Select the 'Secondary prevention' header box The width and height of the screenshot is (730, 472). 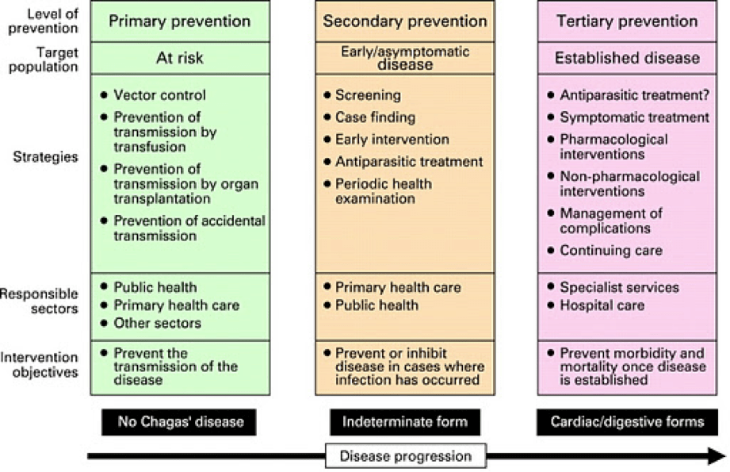point(404,21)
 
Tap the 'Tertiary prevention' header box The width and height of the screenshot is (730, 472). point(626,21)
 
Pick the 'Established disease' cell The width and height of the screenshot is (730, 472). point(626,57)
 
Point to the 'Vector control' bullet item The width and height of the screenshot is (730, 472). point(159,94)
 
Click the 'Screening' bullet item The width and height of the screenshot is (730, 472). point(368,94)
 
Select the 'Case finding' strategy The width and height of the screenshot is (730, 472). point(375,117)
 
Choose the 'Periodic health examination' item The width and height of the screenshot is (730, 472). point(384,190)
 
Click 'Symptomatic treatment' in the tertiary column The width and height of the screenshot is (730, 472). point(634,117)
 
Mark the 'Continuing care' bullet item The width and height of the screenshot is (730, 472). point(611,251)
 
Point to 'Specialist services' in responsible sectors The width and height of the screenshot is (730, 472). point(619,286)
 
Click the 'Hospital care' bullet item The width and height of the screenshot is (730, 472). point(602,305)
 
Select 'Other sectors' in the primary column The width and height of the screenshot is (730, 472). point(157,323)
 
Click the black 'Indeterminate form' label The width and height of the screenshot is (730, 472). point(404,421)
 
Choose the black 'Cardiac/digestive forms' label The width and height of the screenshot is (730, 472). point(627,421)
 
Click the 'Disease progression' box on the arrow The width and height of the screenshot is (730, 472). point(405,456)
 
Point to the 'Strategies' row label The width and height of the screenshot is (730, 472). point(45,156)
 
